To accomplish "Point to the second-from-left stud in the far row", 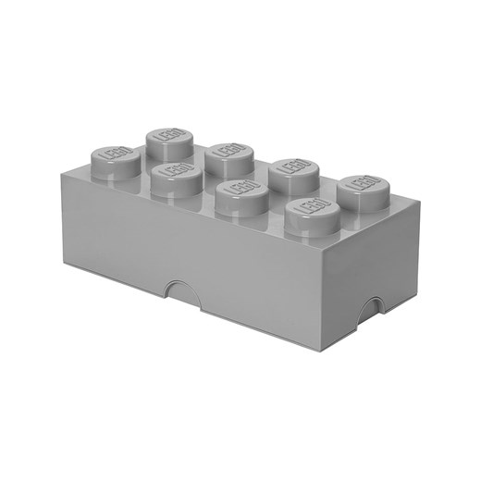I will pos(226,154).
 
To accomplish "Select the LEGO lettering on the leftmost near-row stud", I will pos(107,151).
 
